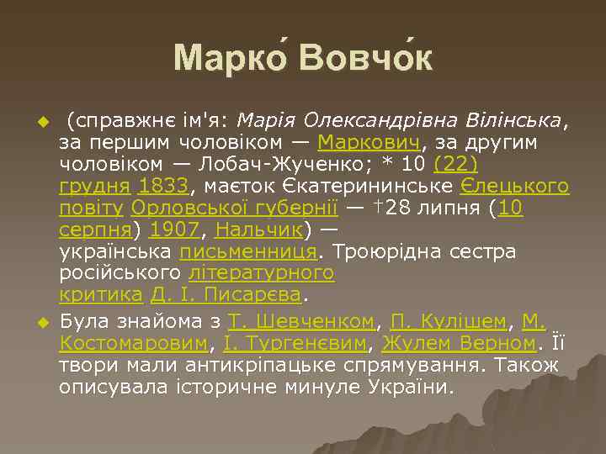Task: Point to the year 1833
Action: (x=165, y=185)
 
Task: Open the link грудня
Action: (x=94, y=185)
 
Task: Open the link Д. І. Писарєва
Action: (x=226, y=294)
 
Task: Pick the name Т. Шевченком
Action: (x=301, y=321)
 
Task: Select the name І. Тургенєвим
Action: (x=296, y=343)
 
